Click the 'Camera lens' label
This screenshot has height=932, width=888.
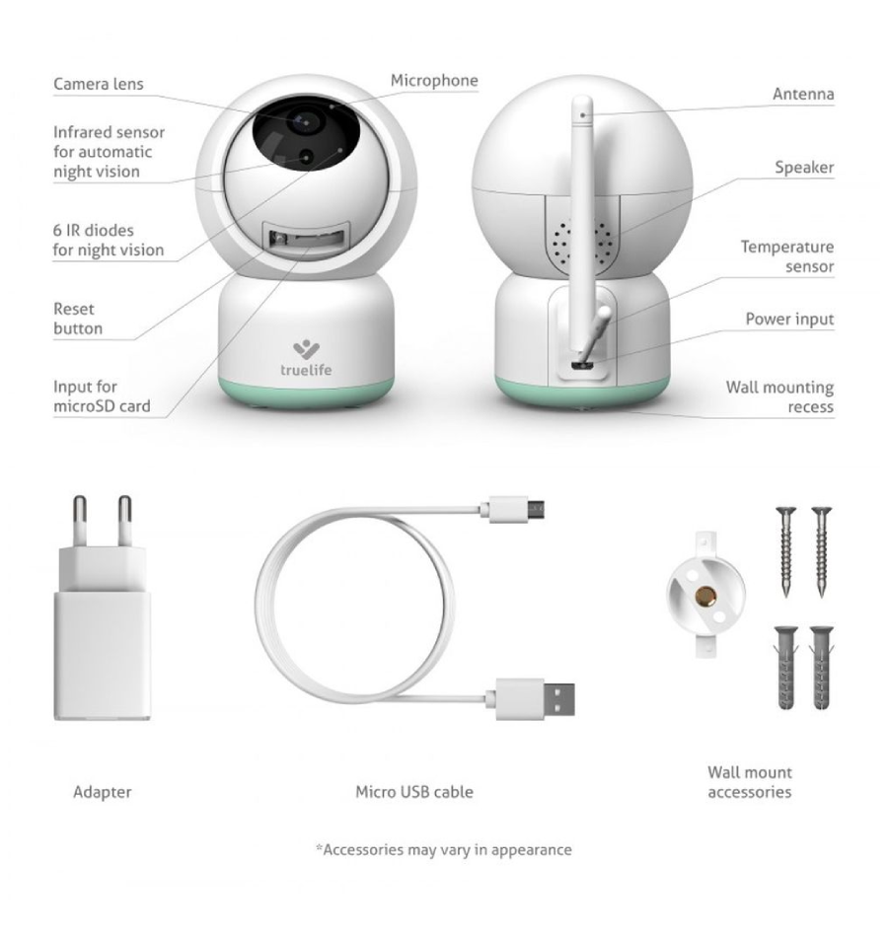pos(98,84)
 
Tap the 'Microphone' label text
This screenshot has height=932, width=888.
pos(434,80)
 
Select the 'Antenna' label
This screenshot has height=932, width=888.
pos(803,94)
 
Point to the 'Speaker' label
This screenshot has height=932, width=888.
pos(804,167)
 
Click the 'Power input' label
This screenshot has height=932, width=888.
pos(789,320)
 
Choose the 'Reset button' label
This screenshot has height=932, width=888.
pos(77,319)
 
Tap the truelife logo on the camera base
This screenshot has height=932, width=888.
pos(306,359)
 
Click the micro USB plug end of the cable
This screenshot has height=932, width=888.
pos(517,508)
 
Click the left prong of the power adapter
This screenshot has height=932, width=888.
pos(79,521)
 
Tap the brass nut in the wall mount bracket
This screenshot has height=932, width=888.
pos(705,595)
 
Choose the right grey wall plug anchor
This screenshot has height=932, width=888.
pos(821,668)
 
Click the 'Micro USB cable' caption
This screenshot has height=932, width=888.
pos(414,792)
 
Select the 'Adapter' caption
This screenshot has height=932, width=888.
pos(103,792)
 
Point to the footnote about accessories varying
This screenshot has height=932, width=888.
pos(444,850)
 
